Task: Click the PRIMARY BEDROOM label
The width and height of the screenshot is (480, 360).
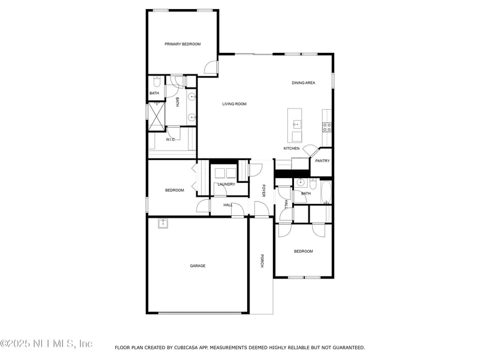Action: tap(183, 44)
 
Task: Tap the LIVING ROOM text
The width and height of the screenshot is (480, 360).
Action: tap(235, 104)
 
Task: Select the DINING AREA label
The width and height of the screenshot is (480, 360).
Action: tap(304, 83)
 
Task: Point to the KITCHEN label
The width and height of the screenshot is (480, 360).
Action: tap(292, 148)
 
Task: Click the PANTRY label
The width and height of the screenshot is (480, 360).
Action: tap(323, 161)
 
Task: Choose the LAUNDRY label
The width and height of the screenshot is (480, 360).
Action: tap(226, 184)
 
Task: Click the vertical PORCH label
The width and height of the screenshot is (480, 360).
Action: tap(262, 261)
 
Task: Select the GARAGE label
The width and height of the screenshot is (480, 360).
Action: tap(198, 266)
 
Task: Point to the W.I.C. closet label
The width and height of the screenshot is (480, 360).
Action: tap(170, 139)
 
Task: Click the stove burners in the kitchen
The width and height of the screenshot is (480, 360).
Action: tap(327, 127)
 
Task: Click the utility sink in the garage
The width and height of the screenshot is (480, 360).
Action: tap(163, 223)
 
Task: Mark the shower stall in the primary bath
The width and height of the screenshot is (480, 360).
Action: tap(157, 115)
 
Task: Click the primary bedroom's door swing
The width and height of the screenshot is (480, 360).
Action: tap(211, 68)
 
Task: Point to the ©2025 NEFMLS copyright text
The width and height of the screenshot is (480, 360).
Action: tap(46, 344)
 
